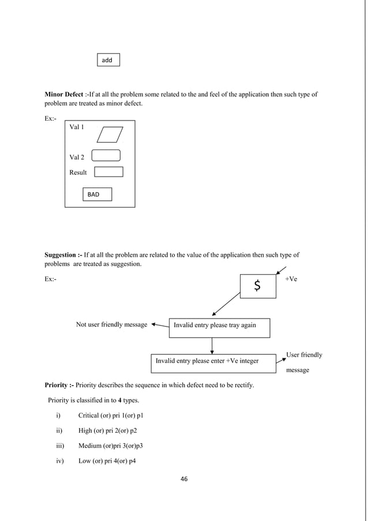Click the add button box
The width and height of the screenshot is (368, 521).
108,60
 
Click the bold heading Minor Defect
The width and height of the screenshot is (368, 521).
64,94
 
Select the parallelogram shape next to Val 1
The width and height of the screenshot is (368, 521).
110,134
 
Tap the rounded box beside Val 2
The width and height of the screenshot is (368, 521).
106,155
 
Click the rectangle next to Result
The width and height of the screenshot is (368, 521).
108,171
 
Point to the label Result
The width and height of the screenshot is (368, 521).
78,172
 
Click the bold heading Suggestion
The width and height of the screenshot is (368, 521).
63,254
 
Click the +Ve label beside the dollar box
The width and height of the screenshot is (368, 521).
291,279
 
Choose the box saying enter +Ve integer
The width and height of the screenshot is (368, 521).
213,361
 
